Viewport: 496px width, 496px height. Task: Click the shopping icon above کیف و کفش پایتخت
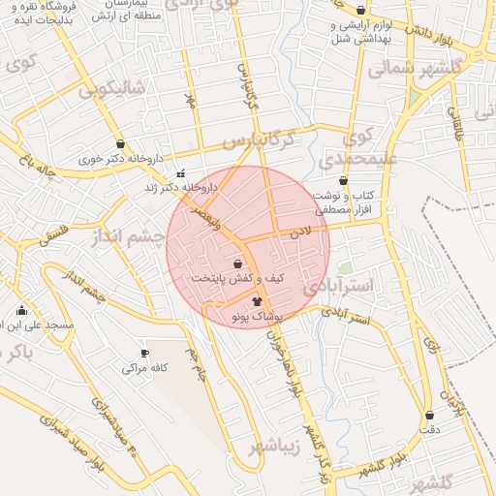[x=238, y=263]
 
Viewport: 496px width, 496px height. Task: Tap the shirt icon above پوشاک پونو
[x=257, y=301]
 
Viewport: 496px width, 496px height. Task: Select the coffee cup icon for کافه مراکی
[x=144, y=354]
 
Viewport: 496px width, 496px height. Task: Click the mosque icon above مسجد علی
[x=21, y=310]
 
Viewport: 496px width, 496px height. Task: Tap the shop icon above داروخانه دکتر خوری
[x=120, y=143]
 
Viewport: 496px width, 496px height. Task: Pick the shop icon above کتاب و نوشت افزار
[x=344, y=180]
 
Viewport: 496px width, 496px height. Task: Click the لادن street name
[x=298, y=232]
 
